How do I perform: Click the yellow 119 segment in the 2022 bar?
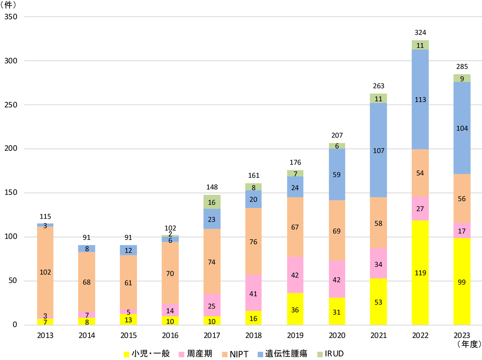pos(420,273)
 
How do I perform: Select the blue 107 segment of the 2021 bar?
pos(378,151)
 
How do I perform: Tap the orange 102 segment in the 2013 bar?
pos(45,272)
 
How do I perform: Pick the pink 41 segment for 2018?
pos(254,293)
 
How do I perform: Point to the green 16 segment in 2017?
pos(212,202)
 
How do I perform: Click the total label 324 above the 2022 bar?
pos(420,32)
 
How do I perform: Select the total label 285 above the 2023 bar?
pos(462,66)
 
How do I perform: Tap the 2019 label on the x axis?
pos(295,336)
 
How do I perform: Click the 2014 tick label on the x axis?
pos(87,336)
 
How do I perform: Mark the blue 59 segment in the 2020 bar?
pos(337,175)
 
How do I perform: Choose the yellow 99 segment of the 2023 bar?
pos(462,282)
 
